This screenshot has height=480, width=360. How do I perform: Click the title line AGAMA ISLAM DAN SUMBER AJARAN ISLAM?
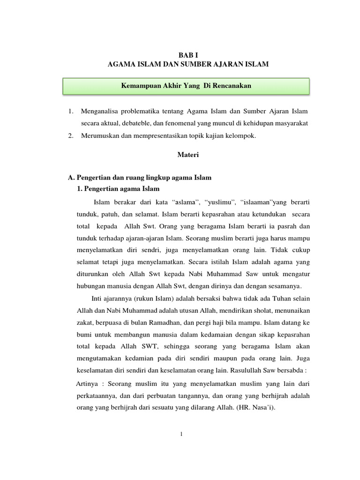click(x=188, y=64)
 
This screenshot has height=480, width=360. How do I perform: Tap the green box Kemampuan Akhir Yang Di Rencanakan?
click(x=187, y=86)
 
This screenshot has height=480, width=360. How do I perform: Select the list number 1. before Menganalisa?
click(x=71, y=112)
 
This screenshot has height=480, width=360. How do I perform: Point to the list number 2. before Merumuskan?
click(x=71, y=136)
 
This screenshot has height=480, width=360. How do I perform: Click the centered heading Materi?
click(x=188, y=155)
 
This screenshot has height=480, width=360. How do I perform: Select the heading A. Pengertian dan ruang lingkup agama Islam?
click(x=140, y=178)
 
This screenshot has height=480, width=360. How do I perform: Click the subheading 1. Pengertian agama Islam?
click(x=118, y=189)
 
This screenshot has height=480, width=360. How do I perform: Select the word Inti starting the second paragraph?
click(x=97, y=299)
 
